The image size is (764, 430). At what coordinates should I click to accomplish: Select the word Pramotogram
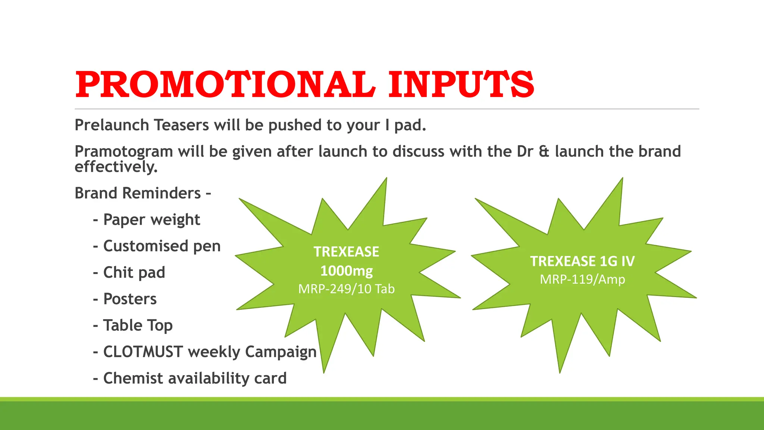123,152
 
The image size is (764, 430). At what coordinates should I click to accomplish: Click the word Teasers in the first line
181,125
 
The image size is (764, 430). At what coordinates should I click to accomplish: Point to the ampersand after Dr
544,152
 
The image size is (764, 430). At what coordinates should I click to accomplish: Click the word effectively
116,166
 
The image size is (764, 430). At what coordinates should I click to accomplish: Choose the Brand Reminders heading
143,193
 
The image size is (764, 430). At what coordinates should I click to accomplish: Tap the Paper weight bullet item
151,220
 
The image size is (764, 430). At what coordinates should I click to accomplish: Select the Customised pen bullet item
162,246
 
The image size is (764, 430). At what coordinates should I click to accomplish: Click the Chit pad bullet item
134,273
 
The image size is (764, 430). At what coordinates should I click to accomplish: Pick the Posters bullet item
130,299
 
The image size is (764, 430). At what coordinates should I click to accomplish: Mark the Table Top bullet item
138,325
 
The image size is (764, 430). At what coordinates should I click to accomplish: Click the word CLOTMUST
143,352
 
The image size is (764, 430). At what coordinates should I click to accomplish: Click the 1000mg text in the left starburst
346,271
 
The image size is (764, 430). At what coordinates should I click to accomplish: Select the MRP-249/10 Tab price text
346,289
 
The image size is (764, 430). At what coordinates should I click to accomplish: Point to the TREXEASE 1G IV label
582,261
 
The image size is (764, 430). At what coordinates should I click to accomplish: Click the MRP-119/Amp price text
582,279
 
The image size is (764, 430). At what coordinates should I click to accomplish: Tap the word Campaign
281,352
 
